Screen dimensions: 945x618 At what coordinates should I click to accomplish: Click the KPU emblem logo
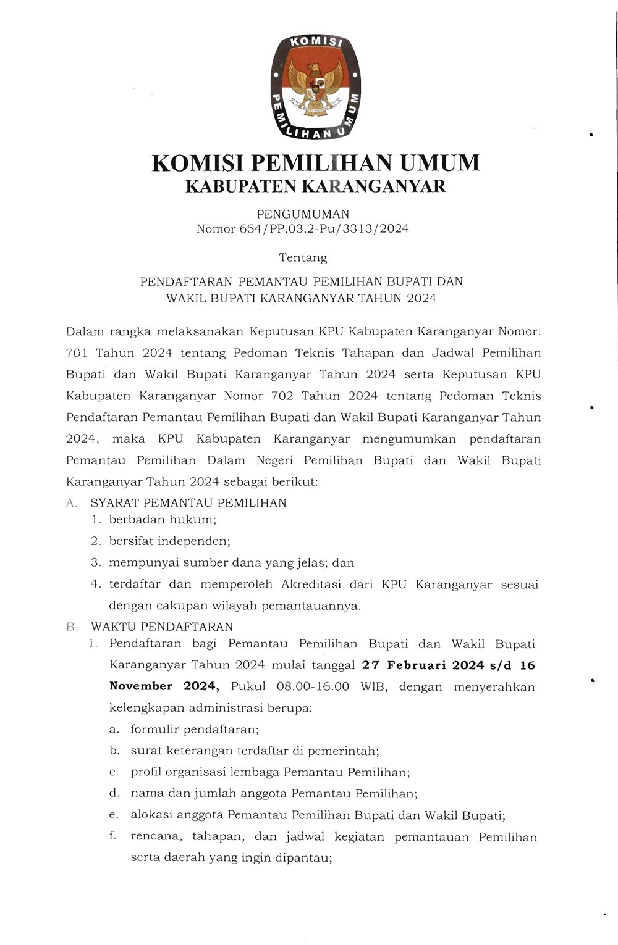coord(315,86)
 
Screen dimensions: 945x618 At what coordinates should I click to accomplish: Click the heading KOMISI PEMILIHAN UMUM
coord(315,163)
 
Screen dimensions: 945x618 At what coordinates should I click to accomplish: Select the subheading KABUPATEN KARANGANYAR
coord(315,186)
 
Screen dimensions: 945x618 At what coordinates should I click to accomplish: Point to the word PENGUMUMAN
coord(303,214)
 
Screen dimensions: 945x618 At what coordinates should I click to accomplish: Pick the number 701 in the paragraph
coord(77,353)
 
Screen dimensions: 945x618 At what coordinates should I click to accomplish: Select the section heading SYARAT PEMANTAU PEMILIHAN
coord(188,503)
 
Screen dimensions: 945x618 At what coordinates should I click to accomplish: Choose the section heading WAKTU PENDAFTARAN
coord(162,627)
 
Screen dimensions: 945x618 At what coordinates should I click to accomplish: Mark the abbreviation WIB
coord(374,686)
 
